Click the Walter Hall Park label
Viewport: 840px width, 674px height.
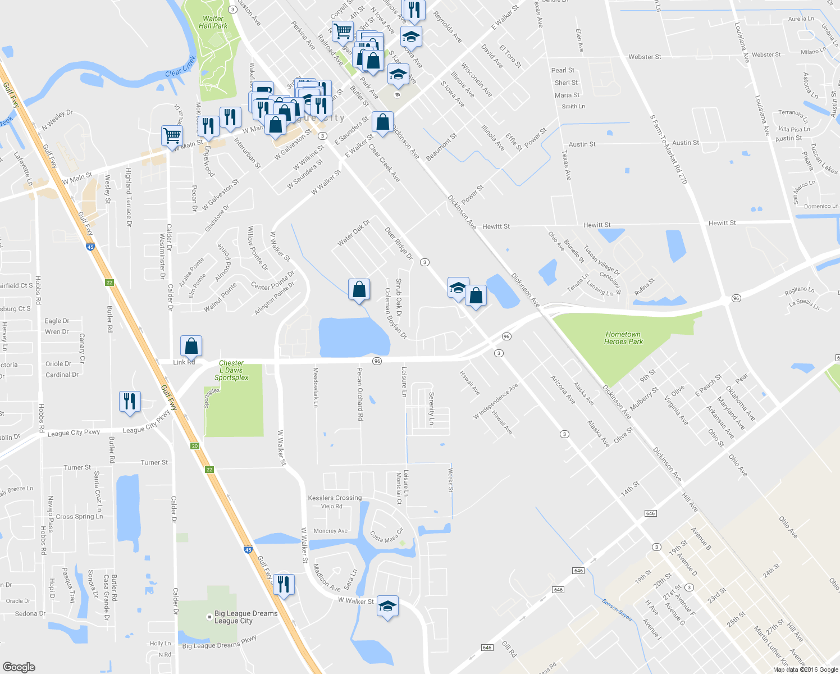(213, 22)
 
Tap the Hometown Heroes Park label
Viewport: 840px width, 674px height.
(623, 338)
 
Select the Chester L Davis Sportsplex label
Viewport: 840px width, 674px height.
(231, 371)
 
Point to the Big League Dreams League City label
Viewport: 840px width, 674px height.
(245, 617)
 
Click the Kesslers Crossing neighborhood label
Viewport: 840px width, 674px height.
(335, 498)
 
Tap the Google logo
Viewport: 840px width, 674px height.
(19, 667)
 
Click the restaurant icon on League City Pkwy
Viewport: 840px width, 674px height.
(130, 402)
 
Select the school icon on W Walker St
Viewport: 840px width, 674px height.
(387, 606)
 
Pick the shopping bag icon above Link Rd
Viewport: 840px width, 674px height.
(191, 346)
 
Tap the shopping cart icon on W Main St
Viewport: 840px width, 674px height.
(172, 135)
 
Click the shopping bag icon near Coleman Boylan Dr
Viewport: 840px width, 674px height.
(359, 289)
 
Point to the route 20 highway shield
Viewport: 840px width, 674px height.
(195, 445)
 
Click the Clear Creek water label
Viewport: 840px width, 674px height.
(181, 65)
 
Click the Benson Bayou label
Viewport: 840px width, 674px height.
(617, 609)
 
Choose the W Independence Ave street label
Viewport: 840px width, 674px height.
(496, 401)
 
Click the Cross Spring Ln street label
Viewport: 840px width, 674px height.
(79, 516)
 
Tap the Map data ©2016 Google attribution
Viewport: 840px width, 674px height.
(805, 669)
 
